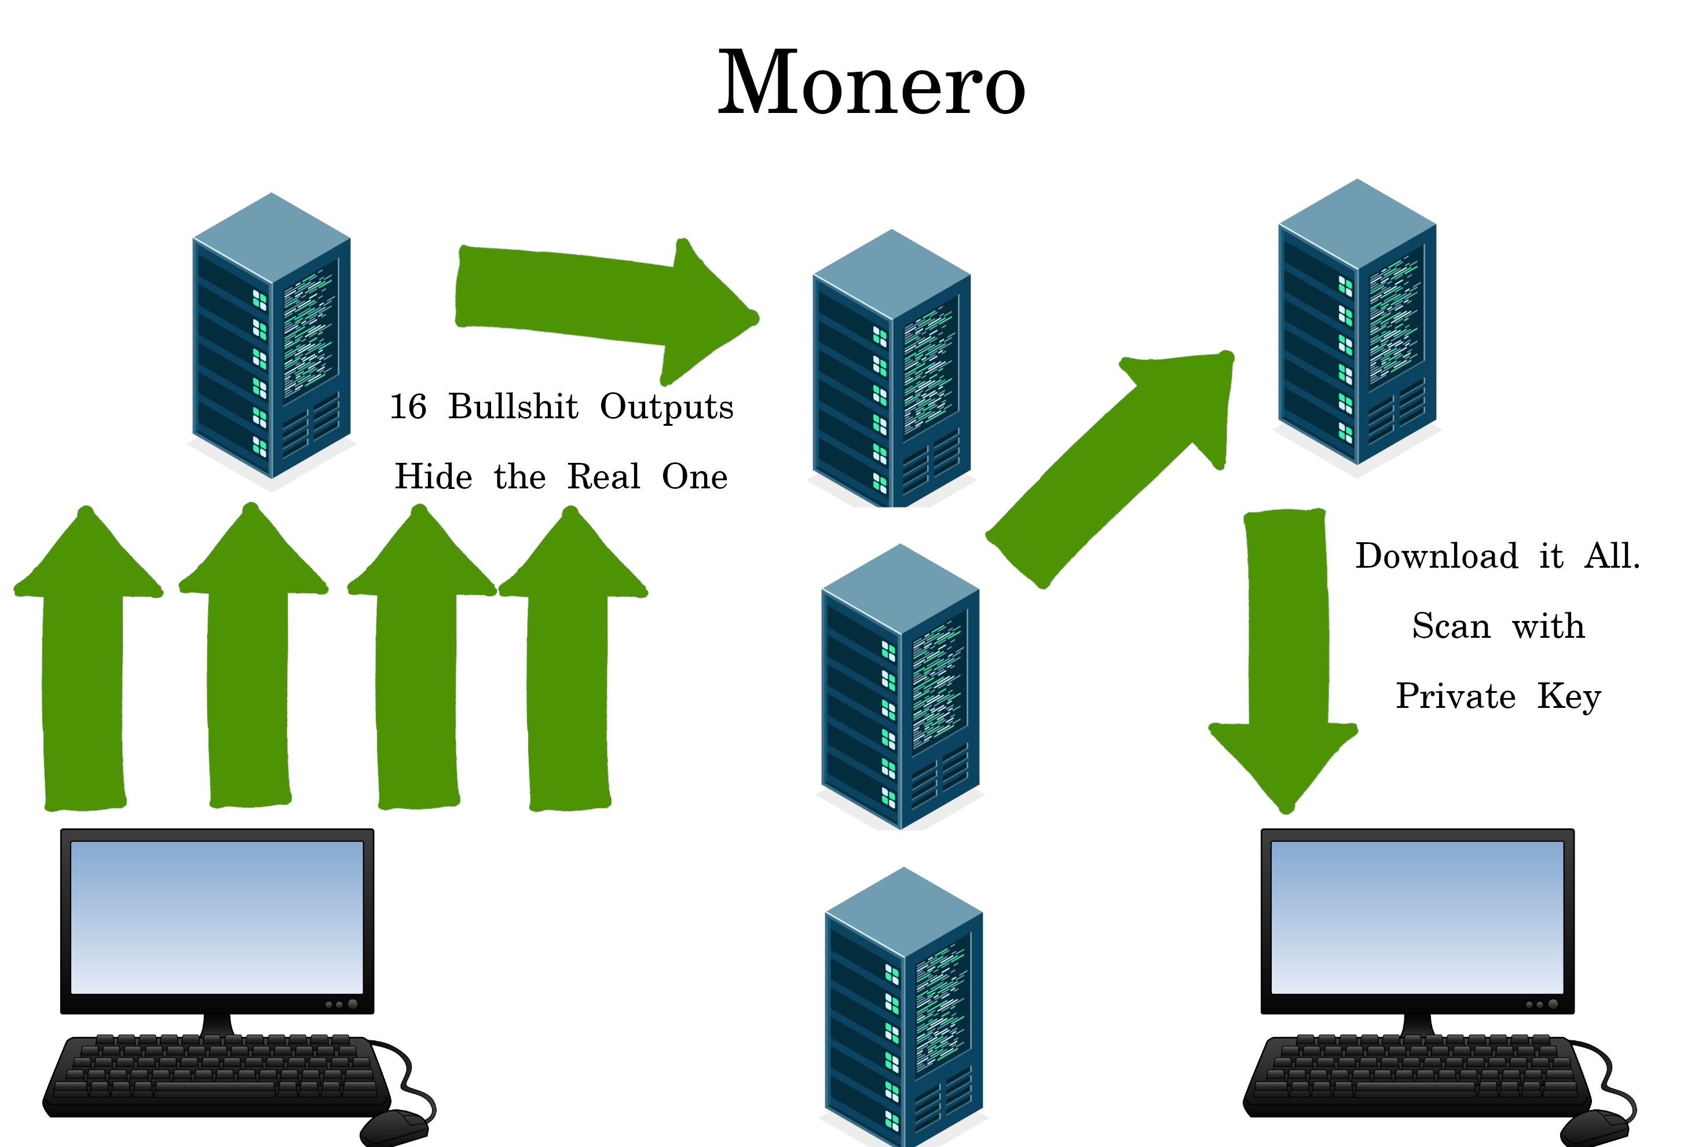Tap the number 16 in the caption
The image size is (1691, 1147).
(x=408, y=406)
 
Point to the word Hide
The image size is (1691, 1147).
(x=433, y=477)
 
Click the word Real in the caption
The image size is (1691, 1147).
(x=603, y=477)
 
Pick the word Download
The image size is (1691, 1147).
(x=1436, y=556)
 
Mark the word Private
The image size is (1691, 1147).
(x=1455, y=696)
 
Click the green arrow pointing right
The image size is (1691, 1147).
(x=596, y=306)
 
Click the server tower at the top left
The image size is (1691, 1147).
(x=272, y=338)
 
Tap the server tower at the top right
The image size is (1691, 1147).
(x=1357, y=324)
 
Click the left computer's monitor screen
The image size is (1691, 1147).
(x=217, y=917)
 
